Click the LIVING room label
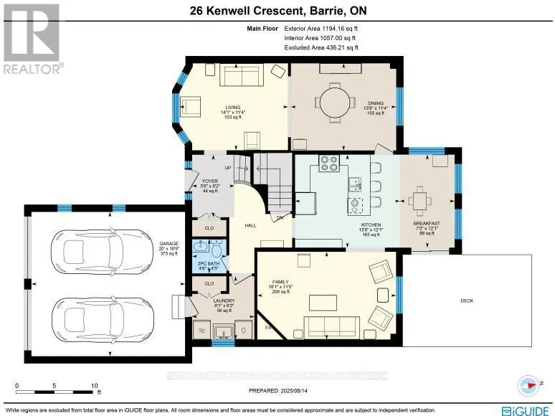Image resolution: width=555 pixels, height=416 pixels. point(232,108)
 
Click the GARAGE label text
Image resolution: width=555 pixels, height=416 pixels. point(170,243)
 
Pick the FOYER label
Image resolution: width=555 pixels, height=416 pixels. point(209,181)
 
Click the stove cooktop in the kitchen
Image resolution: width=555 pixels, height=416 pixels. point(328,164)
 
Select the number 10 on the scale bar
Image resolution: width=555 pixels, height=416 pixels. point(94,385)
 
